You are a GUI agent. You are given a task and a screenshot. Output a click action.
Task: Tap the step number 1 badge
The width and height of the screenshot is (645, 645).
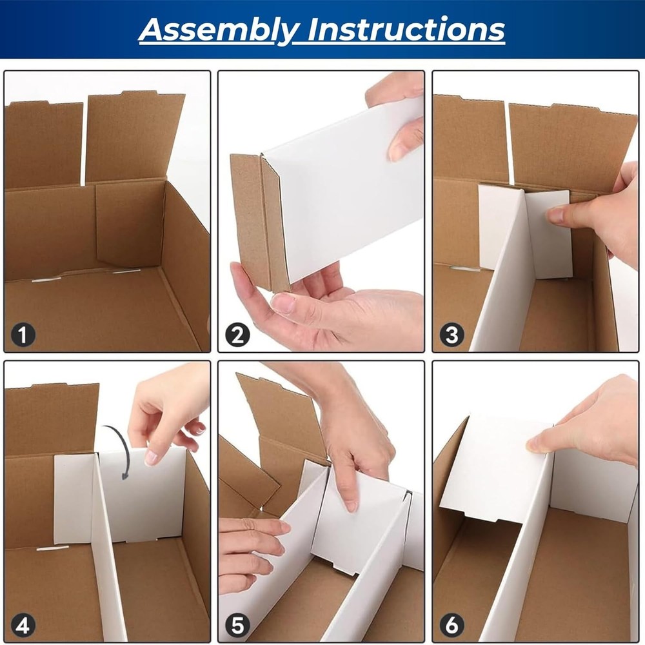point(23,335)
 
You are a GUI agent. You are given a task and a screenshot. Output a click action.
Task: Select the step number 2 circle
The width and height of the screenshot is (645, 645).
point(237,335)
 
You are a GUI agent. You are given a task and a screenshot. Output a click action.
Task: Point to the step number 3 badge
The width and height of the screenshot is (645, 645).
point(451,335)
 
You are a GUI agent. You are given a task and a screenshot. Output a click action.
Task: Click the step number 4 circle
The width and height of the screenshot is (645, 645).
point(23,625)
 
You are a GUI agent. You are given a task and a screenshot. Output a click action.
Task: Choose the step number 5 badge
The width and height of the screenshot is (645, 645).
point(237,625)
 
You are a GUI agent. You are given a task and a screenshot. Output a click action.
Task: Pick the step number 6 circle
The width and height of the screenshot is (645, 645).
point(451,625)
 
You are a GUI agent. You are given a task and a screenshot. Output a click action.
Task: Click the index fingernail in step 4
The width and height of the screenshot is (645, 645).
point(151,457)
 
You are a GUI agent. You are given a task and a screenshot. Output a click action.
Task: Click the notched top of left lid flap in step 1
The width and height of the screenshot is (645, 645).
point(48,103)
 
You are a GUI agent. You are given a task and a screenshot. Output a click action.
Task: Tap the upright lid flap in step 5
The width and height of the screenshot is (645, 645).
point(284,413)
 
